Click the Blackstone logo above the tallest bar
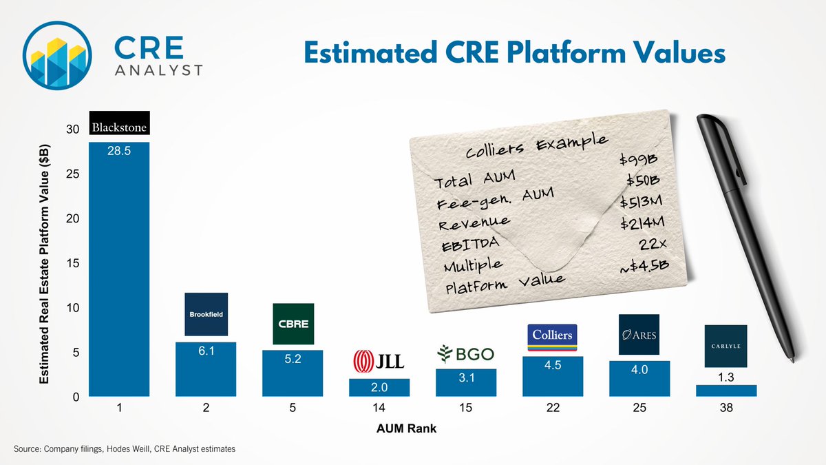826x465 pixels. tap(119, 123)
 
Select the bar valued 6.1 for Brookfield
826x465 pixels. tap(206, 370)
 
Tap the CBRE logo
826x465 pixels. tap(293, 324)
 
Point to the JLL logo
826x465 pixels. tap(379, 360)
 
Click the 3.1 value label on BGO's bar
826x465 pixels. tap(466, 378)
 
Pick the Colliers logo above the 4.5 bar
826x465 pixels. tap(552, 335)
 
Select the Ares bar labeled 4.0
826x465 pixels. tap(639, 379)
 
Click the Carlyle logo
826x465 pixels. tap(726, 346)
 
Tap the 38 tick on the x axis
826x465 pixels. tap(726, 409)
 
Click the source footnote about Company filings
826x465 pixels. tap(124, 448)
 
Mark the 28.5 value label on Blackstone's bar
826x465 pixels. tap(119, 151)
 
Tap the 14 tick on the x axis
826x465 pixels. tap(379, 409)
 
